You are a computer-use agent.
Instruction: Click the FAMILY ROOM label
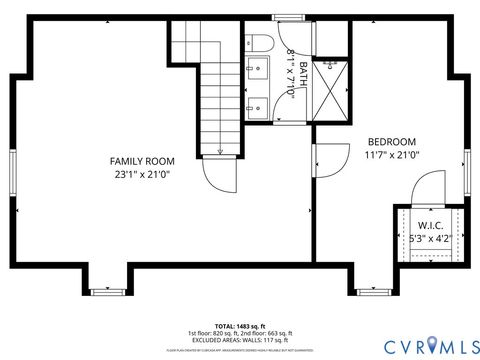tap(142, 161)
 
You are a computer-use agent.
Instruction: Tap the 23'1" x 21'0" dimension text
tap(142, 174)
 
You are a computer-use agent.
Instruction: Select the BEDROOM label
tap(392, 141)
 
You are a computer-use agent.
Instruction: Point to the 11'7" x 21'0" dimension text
tap(392, 155)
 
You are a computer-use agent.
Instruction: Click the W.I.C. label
tap(430, 225)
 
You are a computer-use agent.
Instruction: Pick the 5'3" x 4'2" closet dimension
tap(430, 239)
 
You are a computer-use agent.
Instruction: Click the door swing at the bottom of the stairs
tap(221, 174)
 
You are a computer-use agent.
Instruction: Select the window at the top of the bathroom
tap(291, 17)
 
